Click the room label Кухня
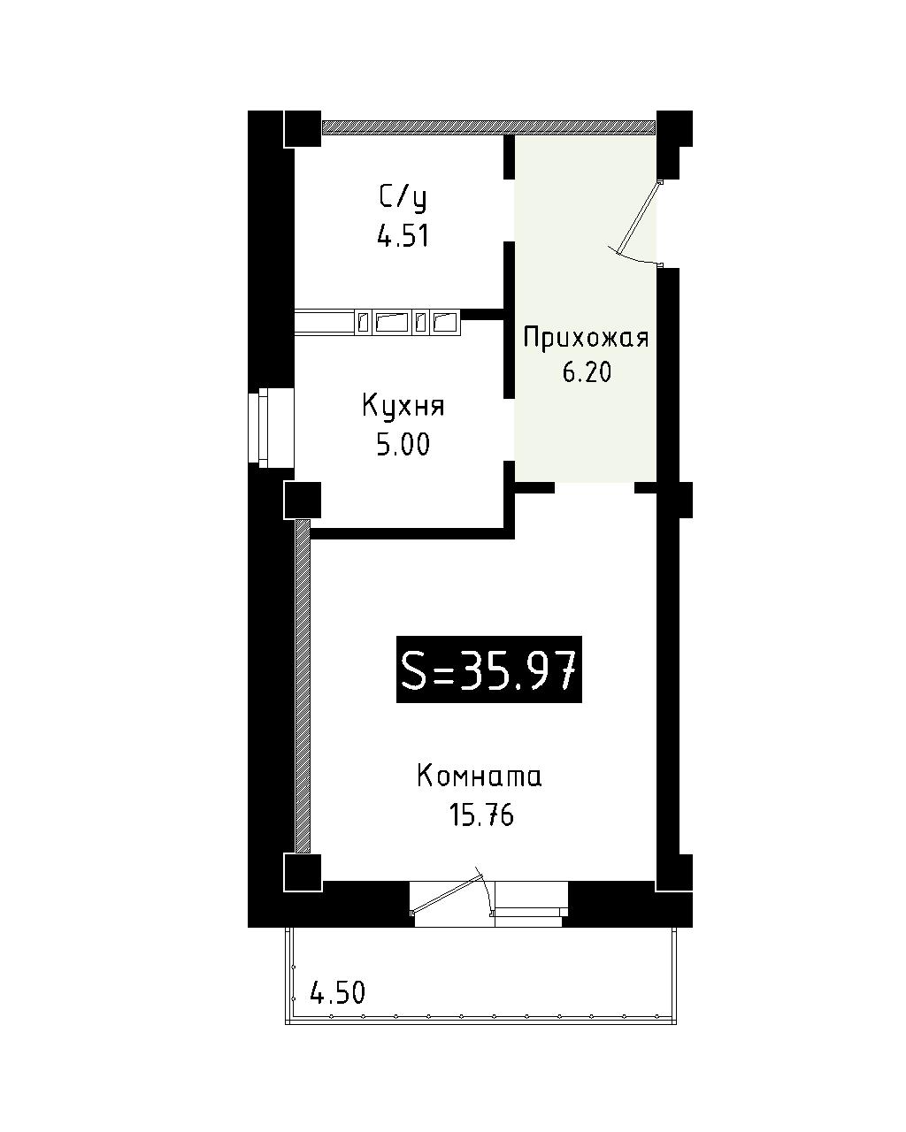tap(403, 408)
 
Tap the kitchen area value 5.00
tap(403, 445)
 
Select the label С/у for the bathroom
tap(403, 199)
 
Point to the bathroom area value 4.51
tap(403, 236)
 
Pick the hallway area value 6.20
tap(587, 372)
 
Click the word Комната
tap(479, 776)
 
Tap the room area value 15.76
tap(481, 816)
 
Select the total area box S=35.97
tap(488, 669)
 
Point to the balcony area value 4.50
tap(337, 993)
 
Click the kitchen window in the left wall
tap(270, 428)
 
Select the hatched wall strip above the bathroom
tap(488, 127)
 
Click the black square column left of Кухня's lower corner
tap(303, 501)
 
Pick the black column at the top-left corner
tap(303, 129)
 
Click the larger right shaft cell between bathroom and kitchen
tap(446, 322)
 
